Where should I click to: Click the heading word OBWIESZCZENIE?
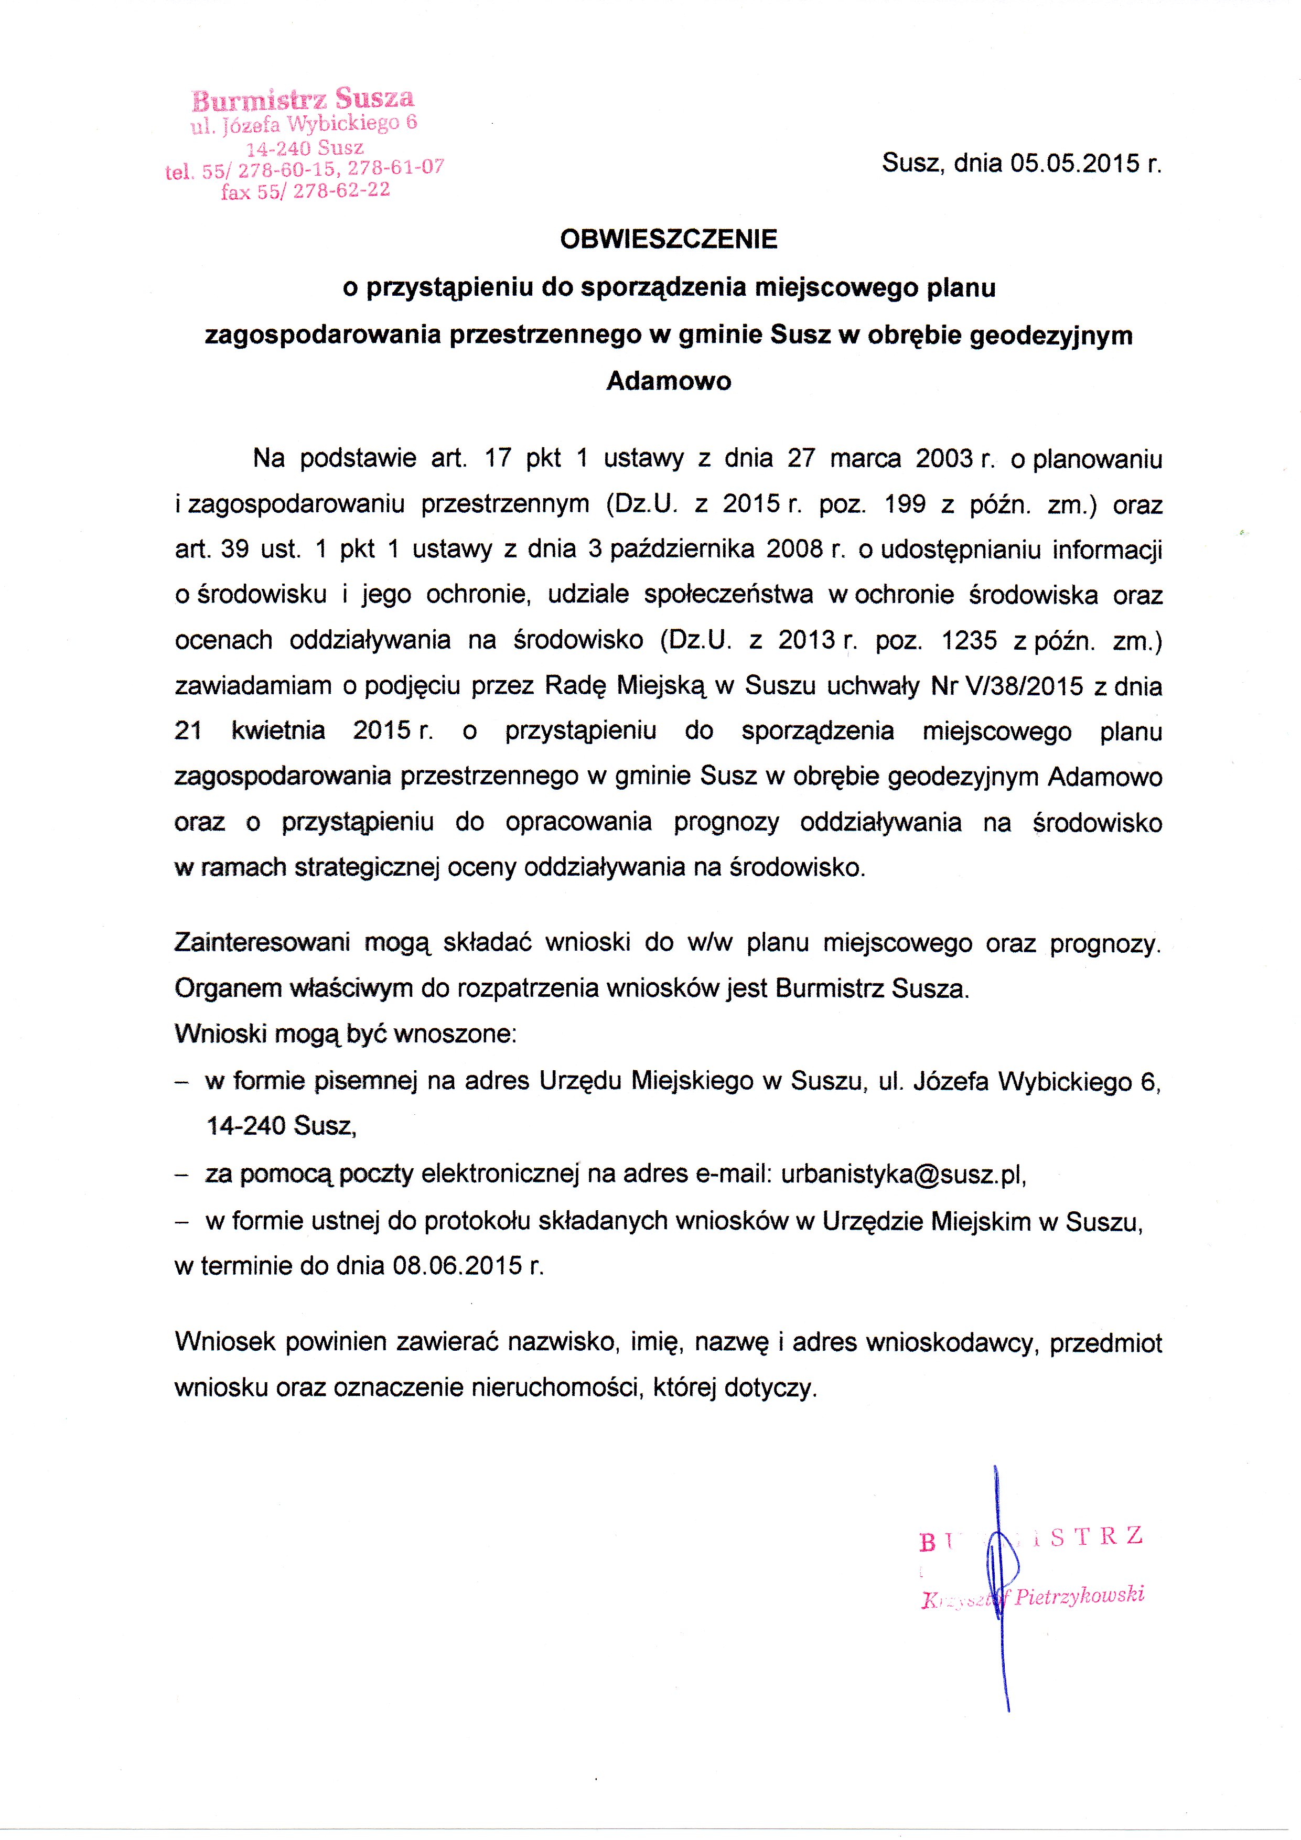pyautogui.click(x=669, y=239)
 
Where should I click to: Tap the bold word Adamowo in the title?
pyautogui.click(x=669, y=380)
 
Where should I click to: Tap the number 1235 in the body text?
pyautogui.click(x=970, y=640)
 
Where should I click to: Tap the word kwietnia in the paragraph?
pyautogui.click(x=278, y=731)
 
